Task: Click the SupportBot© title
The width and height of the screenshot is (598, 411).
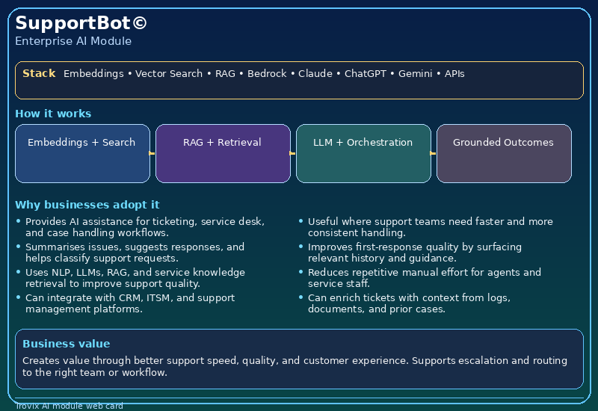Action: click(x=81, y=23)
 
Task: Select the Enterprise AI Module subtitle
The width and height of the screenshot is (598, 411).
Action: click(x=73, y=41)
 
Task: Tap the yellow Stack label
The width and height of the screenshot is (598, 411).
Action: click(x=39, y=73)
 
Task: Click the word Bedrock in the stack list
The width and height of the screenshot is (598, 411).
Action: click(x=267, y=73)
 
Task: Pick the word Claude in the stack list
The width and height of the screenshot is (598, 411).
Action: click(x=315, y=73)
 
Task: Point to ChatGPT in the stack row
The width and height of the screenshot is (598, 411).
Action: click(x=366, y=73)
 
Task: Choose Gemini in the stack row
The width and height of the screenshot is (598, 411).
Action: click(x=416, y=73)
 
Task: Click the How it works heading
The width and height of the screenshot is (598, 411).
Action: click(x=53, y=114)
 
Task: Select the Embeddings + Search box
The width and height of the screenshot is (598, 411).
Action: click(x=82, y=153)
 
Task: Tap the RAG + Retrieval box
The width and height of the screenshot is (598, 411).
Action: click(x=223, y=153)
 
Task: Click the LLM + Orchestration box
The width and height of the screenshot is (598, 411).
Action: click(x=363, y=153)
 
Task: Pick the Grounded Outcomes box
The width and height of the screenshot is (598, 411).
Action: click(x=504, y=153)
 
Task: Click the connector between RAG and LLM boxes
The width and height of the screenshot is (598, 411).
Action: click(x=292, y=153)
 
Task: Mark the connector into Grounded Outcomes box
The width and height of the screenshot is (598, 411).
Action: click(x=433, y=153)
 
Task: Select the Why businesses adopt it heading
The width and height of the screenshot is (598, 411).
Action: click(x=87, y=205)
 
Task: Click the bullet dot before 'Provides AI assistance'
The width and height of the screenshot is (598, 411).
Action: click(x=18, y=220)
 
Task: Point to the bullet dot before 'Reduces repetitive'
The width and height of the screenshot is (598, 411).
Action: click(x=301, y=272)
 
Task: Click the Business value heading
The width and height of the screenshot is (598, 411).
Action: click(x=67, y=344)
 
